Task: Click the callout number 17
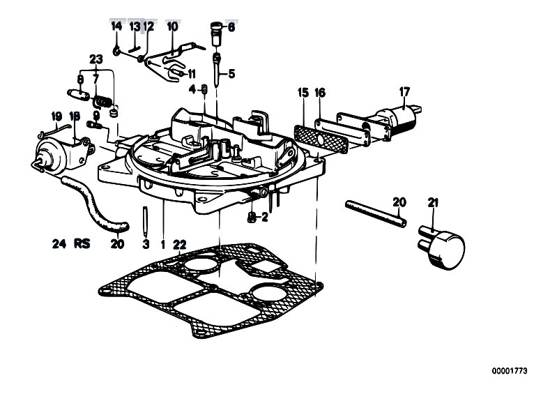[404, 92]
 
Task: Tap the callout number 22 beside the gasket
[180, 245]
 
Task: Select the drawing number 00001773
[510, 371]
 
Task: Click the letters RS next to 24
[82, 243]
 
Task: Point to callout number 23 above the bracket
[96, 59]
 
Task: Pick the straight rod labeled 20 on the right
[376, 214]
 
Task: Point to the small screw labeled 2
[252, 217]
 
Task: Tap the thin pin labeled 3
[144, 221]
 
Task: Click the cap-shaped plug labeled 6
[216, 33]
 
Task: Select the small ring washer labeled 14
[116, 52]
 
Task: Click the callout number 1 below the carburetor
[163, 245]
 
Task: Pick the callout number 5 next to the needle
[231, 74]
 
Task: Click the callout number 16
[320, 93]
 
